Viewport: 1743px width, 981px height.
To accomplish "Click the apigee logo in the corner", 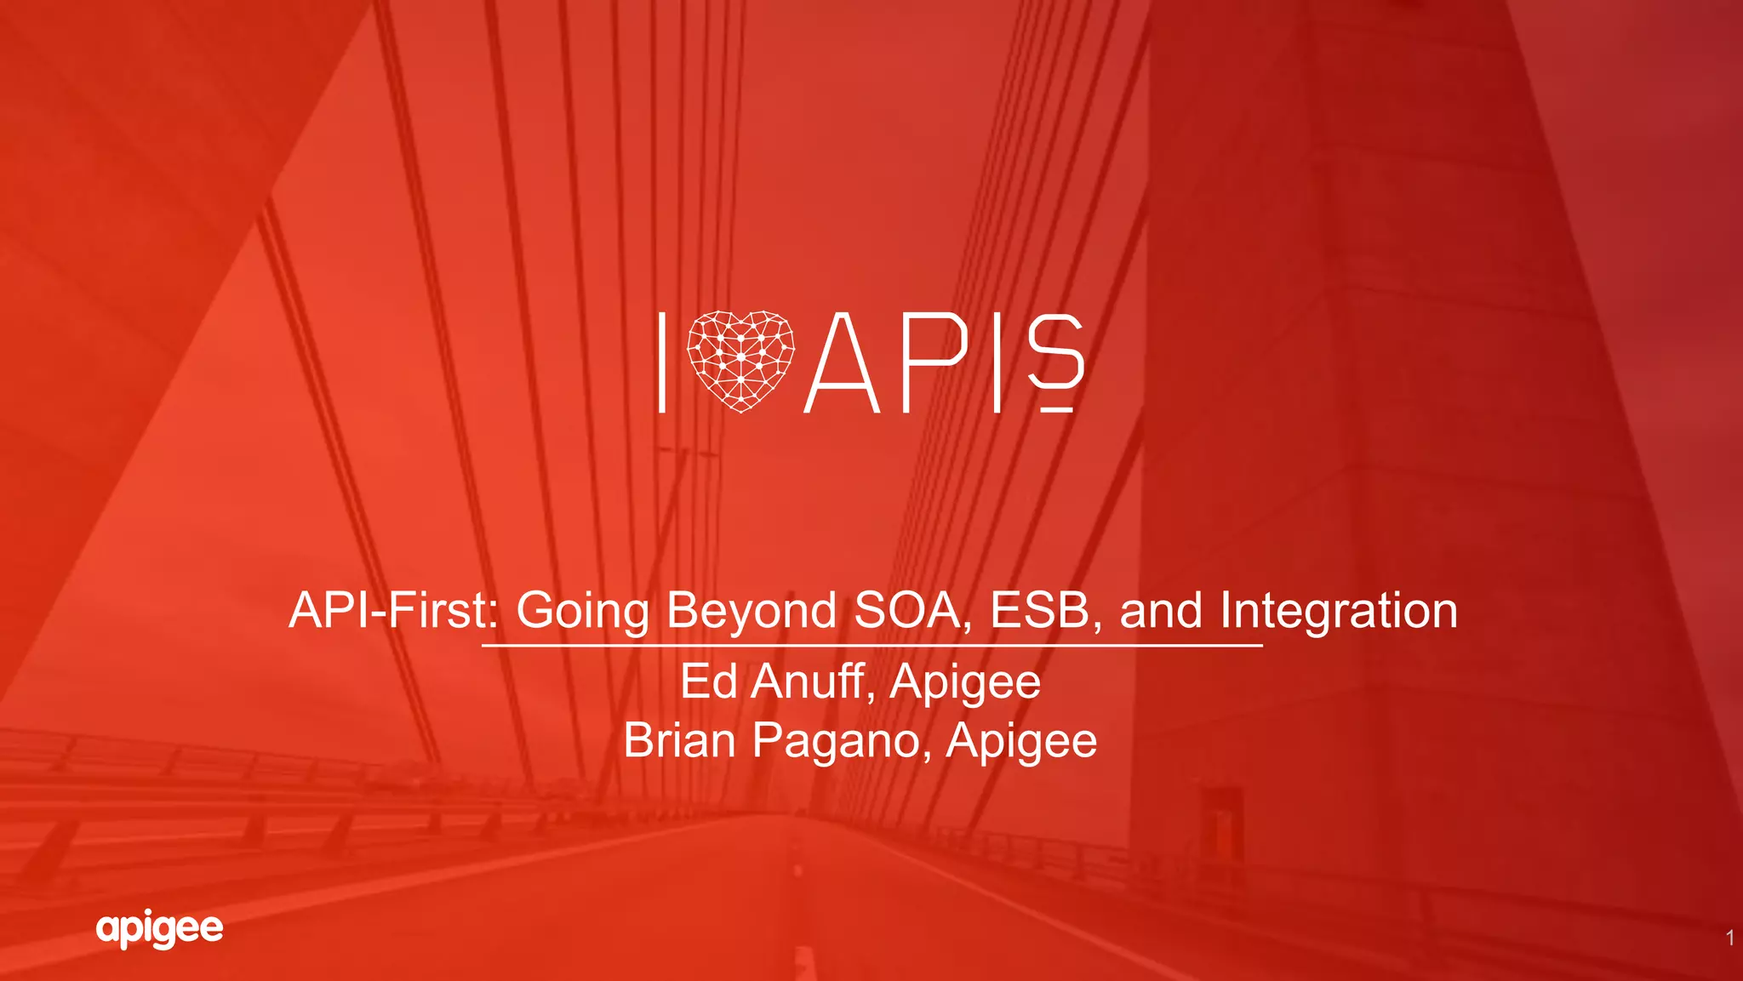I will tap(160, 928).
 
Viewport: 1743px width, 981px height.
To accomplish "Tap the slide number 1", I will tap(1729, 938).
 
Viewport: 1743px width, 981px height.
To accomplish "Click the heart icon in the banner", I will tap(740, 361).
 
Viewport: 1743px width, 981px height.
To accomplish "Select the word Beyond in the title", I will tap(751, 611).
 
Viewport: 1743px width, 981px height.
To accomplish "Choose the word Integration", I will tap(1339, 611).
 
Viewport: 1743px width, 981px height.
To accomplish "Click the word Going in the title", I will tap(582, 611).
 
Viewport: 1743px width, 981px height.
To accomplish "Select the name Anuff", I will tap(813, 682).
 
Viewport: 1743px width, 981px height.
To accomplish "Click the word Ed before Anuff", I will tap(708, 682).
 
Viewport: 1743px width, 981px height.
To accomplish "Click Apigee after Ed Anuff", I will tap(965, 683).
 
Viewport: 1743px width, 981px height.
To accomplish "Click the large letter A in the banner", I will tap(842, 363).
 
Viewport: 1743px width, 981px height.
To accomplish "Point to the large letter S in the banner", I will tap(1055, 350).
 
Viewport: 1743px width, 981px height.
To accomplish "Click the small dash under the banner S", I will tap(1056, 410).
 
